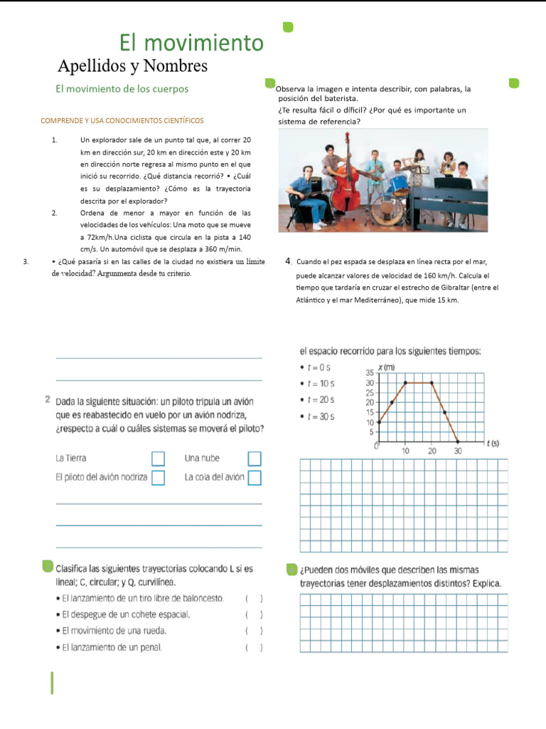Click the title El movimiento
191,43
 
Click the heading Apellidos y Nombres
132,66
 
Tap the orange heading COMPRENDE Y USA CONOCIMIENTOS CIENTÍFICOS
122,121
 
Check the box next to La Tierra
158,458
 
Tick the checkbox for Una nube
254,458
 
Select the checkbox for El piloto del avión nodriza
158,477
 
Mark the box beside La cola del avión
254,477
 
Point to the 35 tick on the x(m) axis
370,373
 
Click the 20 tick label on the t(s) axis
432,451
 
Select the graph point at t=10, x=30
405,383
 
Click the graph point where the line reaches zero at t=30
458,441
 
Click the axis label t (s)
492,444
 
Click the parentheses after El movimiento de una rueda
254,631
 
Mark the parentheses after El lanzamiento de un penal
254,648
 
